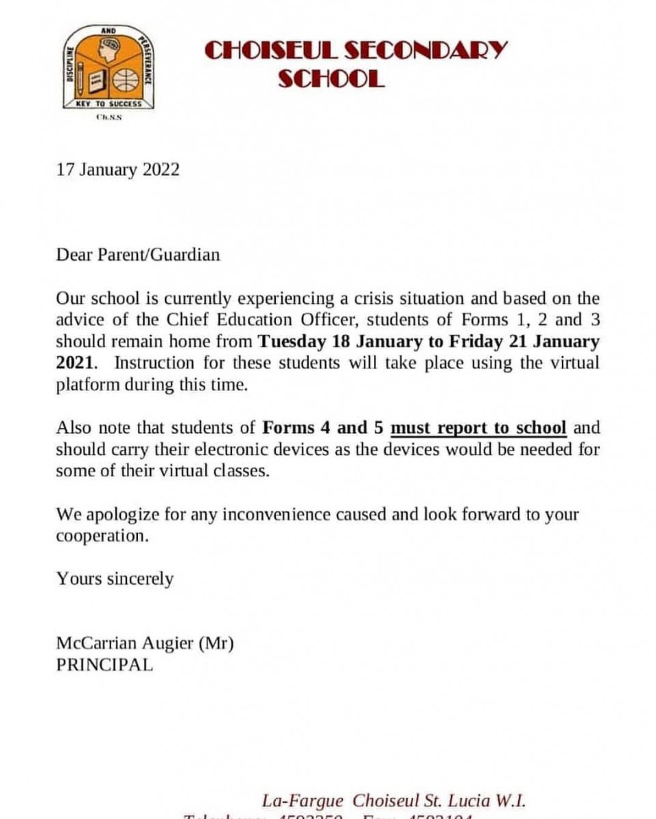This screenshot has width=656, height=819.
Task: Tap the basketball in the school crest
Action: point(126,81)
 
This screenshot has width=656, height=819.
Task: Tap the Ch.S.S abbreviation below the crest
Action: point(109,117)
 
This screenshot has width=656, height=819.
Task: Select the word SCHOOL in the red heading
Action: point(332,79)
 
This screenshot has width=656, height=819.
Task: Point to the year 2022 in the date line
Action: point(161,170)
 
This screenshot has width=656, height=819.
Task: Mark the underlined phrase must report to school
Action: point(478,428)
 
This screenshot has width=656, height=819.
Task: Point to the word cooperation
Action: point(102,536)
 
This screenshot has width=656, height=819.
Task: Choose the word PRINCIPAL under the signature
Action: point(105,665)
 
